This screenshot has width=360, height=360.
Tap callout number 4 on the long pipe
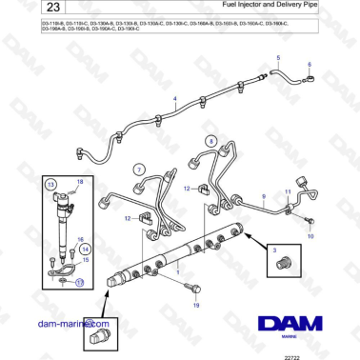pyautogui.click(x=174, y=98)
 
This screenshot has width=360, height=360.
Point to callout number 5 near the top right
pyautogui.click(x=278, y=58)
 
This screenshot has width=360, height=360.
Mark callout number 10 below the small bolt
pyautogui.click(x=309, y=235)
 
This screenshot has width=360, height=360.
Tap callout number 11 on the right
pyautogui.click(x=288, y=192)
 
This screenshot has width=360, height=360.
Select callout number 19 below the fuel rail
pyautogui.click(x=196, y=308)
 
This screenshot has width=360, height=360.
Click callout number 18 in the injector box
pyautogui.click(x=80, y=181)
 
